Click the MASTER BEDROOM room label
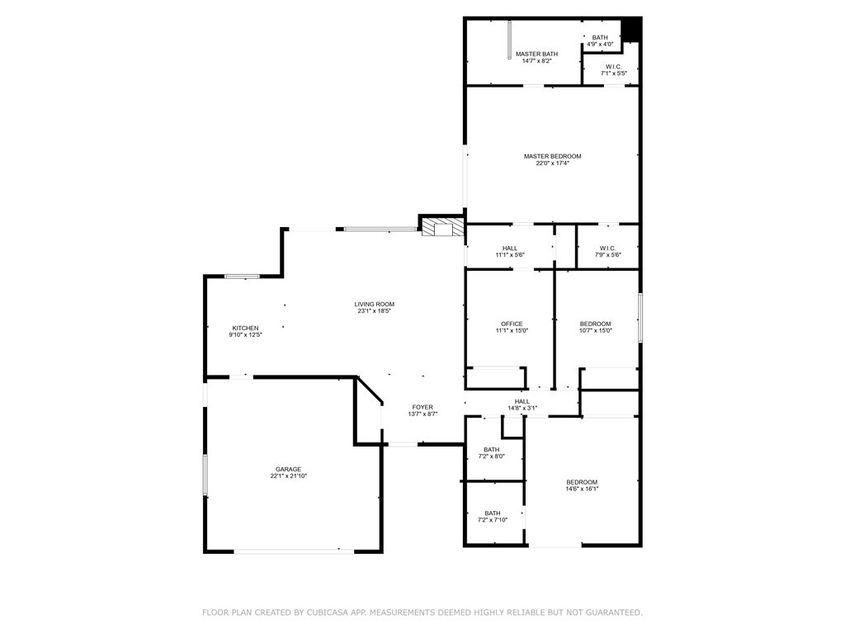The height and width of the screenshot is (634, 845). (x=552, y=156)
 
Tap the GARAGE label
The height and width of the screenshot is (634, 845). (x=288, y=469)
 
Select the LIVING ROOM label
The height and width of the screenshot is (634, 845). (x=375, y=304)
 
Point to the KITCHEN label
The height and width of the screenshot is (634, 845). (x=245, y=328)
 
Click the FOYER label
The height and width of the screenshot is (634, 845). (x=422, y=407)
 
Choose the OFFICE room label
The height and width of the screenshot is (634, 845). (x=512, y=324)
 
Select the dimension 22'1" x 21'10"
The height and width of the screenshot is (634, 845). (x=288, y=476)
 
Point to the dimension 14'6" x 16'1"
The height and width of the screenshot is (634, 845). (x=582, y=489)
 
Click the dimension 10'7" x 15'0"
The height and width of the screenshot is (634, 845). (x=595, y=330)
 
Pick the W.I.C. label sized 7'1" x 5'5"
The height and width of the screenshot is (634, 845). (x=613, y=67)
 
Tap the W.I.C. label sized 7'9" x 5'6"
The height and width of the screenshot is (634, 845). (x=607, y=248)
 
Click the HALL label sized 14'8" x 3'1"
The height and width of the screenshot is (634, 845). (x=522, y=401)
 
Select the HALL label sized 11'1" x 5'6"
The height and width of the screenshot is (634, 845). (x=510, y=248)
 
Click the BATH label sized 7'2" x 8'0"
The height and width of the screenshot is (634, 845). (x=492, y=449)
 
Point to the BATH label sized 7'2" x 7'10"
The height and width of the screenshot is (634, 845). (x=492, y=513)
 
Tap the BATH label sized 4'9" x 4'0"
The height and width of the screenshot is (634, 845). (x=600, y=37)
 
